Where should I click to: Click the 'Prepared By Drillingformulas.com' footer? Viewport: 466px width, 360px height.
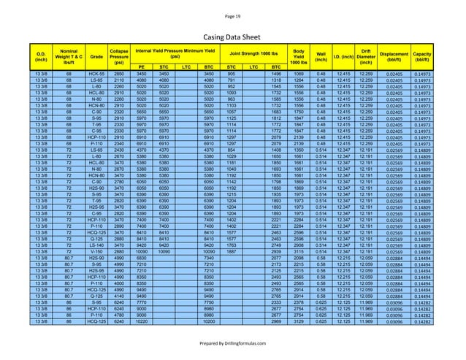click(x=232, y=342)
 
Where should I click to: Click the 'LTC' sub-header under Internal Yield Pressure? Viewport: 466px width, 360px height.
click(x=187, y=66)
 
